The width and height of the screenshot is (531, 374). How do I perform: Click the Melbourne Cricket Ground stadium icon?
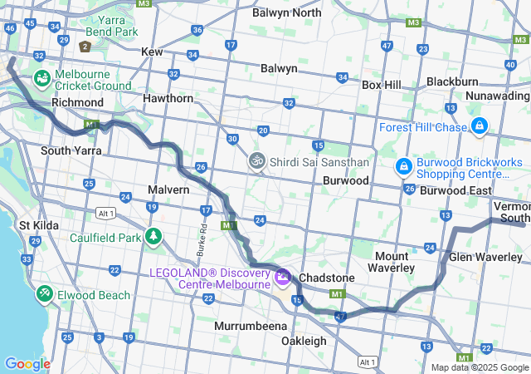(41, 78)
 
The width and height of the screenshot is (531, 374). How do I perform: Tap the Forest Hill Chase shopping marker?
(479, 126)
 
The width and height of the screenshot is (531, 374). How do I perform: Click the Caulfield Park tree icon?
(153, 236)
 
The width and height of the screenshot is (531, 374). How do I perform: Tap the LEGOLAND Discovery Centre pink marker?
(282, 275)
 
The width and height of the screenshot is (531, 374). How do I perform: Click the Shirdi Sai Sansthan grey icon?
(257, 160)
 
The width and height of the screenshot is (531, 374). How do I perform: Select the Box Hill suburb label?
(381, 85)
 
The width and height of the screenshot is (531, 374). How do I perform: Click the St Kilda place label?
(37, 224)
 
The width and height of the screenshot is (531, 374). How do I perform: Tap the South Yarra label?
(71, 150)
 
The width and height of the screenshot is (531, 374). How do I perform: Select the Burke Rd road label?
(201, 224)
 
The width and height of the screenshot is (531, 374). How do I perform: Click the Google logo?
(27, 364)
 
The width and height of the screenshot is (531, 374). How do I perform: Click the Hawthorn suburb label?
(168, 98)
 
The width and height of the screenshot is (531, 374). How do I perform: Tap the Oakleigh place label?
(303, 341)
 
